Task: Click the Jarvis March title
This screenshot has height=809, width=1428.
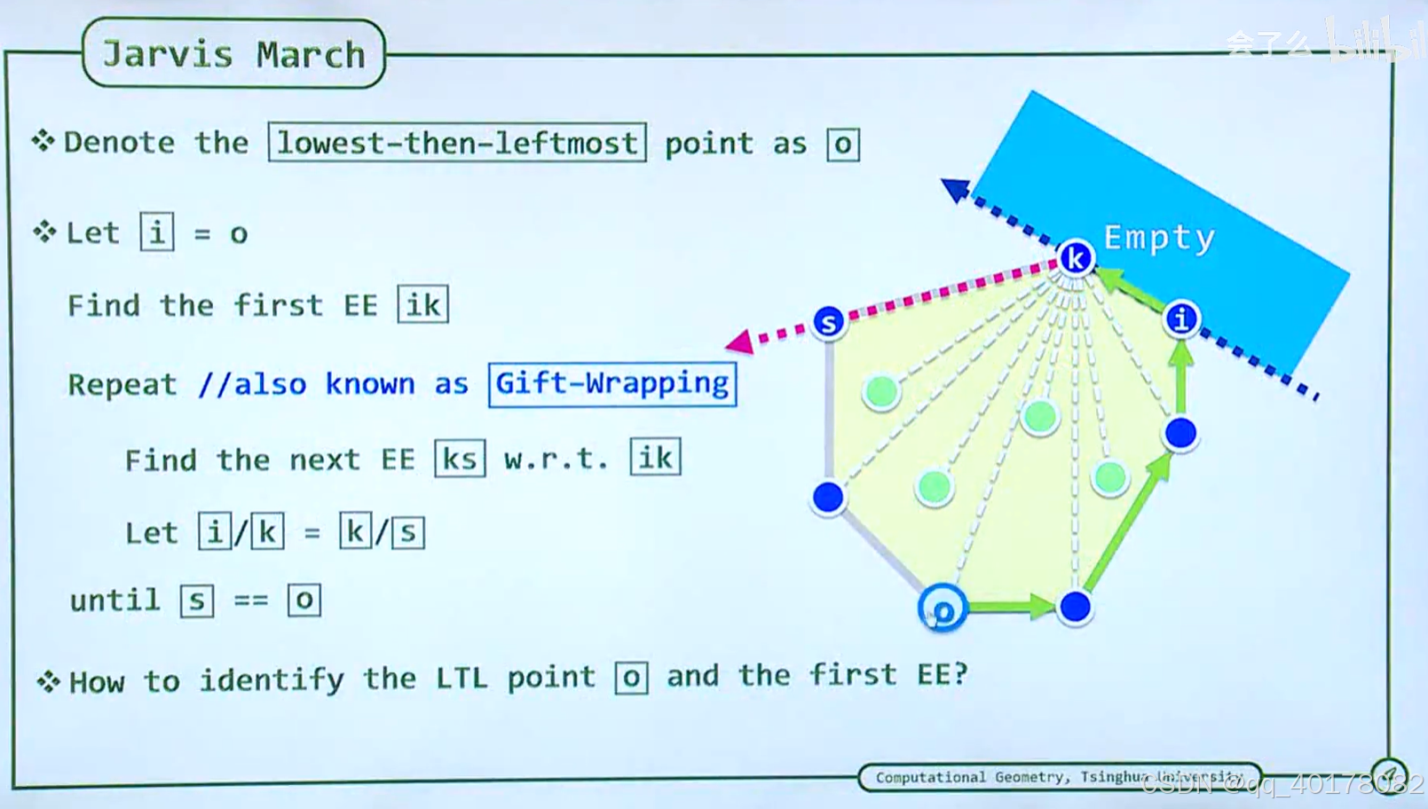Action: click(233, 54)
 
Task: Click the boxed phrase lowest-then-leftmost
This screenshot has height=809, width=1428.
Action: click(457, 143)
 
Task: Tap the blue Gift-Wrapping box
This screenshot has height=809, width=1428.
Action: click(611, 383)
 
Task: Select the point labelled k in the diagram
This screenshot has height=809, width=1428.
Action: click(1076, 258)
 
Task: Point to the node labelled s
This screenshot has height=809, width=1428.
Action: click(828, 322)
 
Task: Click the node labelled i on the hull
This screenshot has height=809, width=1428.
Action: click(1181, 318)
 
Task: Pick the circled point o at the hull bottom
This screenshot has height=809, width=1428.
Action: click(943, 609)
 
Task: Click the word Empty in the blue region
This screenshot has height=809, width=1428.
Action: click(1159, 238)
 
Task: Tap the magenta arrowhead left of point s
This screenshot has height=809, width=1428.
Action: click(739, 342)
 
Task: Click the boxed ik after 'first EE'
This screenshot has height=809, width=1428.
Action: click(422, 305)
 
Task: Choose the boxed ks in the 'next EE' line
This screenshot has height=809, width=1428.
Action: click(460, 459)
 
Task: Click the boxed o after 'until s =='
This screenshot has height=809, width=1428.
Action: click(304, 601)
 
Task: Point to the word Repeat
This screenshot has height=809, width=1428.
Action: click(122, 384)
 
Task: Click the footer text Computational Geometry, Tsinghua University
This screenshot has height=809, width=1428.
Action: click(1059, 777)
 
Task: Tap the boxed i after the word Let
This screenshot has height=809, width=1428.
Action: click(157, 232)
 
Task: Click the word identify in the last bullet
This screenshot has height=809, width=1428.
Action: click(271, 679)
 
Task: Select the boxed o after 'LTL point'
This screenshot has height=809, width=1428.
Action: click(631, 678)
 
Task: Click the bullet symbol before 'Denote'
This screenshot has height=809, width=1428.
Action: click(43, 140)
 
